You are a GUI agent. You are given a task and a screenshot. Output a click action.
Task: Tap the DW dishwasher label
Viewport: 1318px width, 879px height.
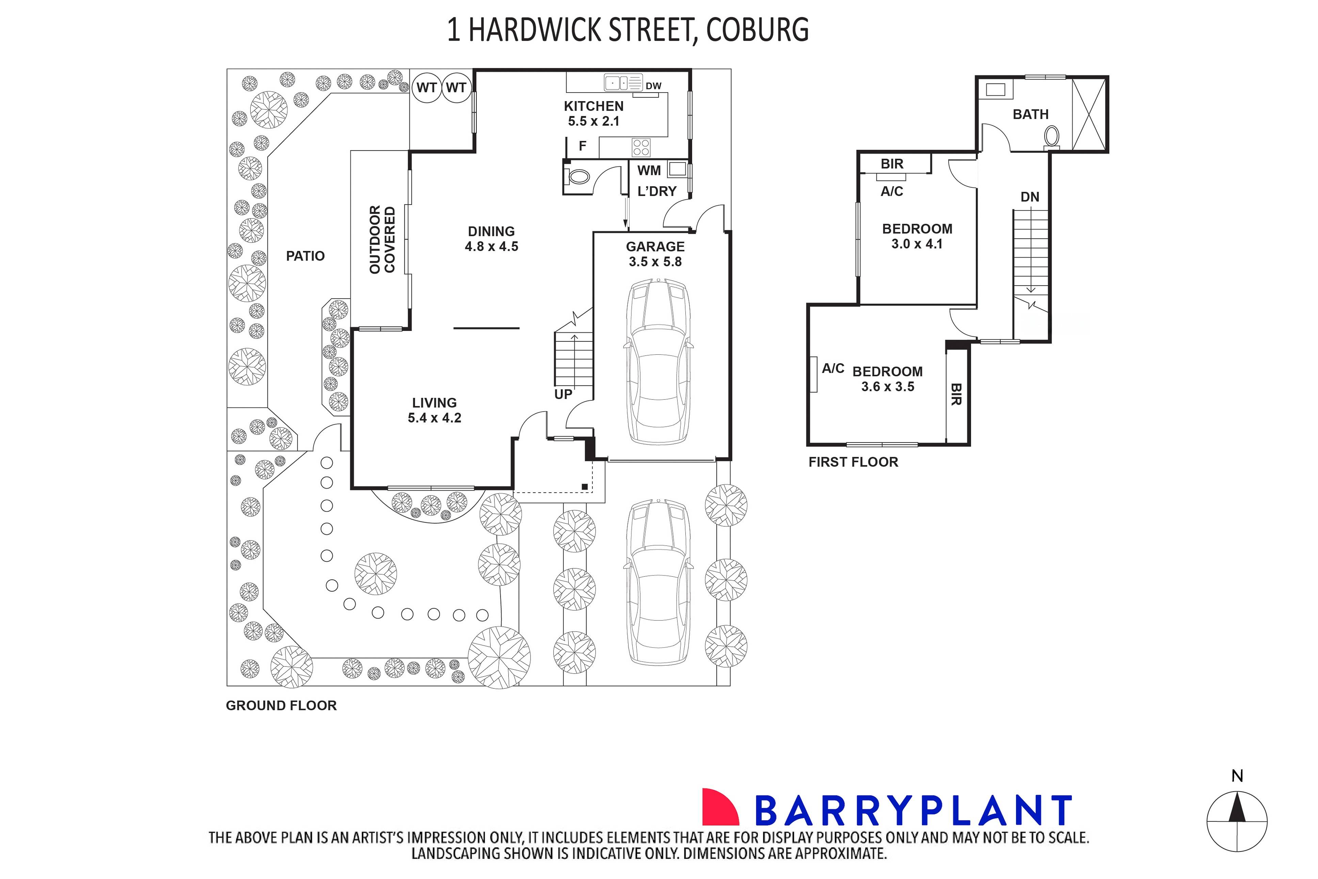pyautogui.click(x=653, y=86)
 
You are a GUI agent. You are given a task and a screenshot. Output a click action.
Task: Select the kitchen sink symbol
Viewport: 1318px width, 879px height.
pyautogui.click(x=622, y=83)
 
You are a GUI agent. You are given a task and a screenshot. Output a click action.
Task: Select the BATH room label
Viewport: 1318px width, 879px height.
pyautogui.click(x=1030, y=114)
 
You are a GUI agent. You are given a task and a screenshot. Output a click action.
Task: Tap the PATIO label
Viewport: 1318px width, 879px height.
pyautogui.click(x=305, y=256)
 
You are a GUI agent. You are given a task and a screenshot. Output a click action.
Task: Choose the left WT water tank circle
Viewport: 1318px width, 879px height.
pyautogui.click(x=427, y=87)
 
